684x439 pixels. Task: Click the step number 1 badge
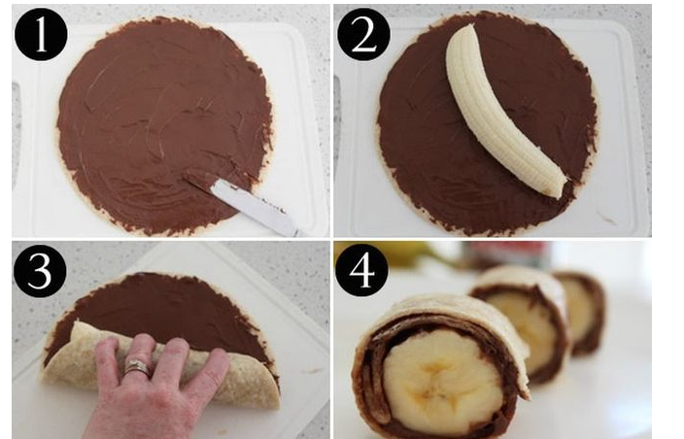[41, 34]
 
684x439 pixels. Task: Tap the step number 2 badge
[363, 34]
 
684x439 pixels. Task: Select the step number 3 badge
[40, 271]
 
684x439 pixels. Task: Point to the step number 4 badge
[362, 270]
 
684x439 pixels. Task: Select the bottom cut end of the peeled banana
[556, 190]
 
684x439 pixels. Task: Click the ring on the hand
[137, 367]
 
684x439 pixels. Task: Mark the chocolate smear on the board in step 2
[606, 218]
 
